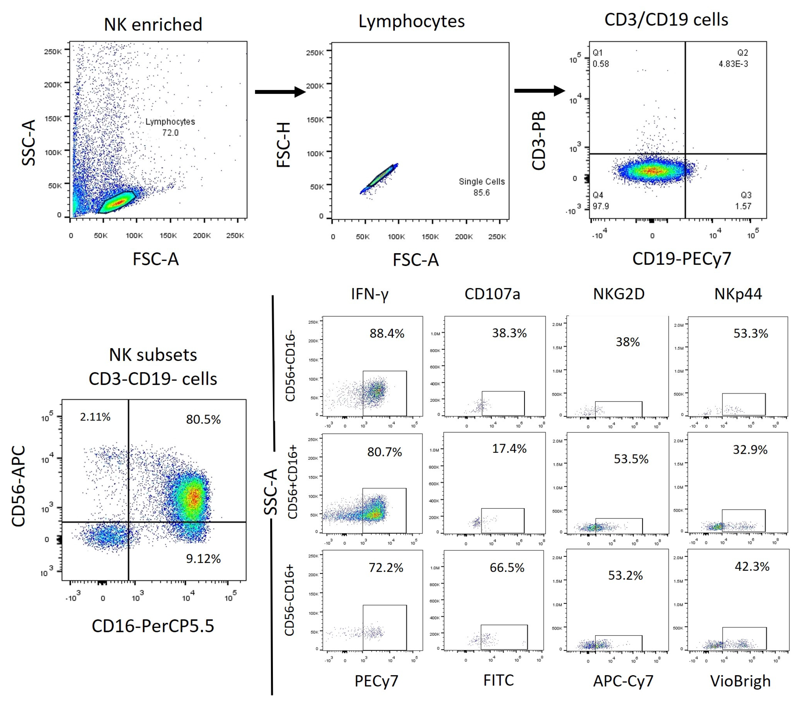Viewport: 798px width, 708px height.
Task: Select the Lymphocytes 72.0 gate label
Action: [170, 127]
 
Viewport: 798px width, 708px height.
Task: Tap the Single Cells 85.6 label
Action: [481, 187]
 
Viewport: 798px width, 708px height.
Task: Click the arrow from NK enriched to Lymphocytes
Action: [280, 92]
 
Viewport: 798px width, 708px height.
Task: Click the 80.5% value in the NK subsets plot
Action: [203, 419]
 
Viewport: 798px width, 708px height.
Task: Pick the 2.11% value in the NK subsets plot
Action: [95, 417]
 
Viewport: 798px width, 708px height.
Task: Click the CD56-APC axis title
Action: [19, 486]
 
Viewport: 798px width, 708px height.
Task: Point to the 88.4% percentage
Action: [387, 333]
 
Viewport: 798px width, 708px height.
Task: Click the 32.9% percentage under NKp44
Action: [750, 450]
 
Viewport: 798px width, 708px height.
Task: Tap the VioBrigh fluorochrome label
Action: [740, 681]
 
